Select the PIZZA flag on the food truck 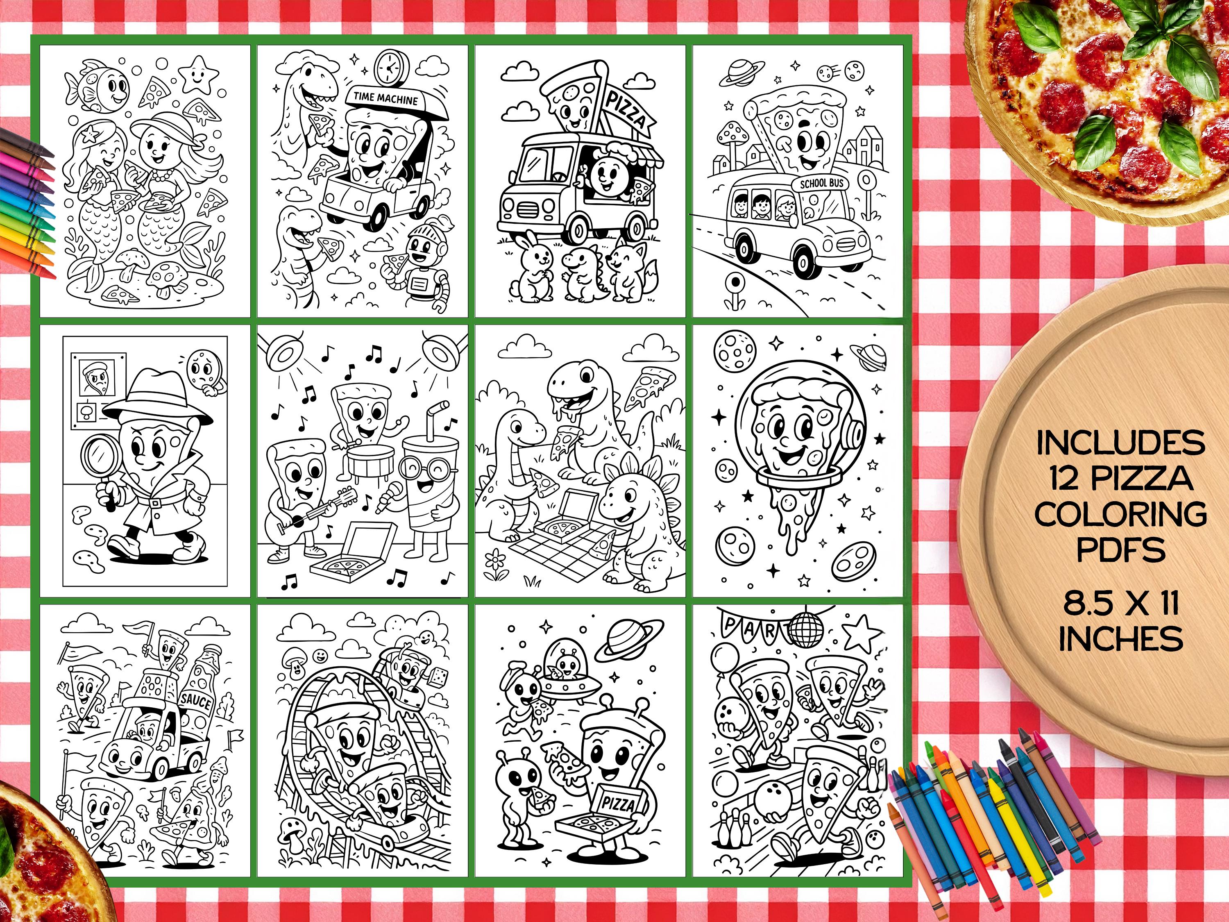pos(626,111)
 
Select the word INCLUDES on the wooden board pos(1120,443)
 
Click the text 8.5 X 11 pos(1120,604)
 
